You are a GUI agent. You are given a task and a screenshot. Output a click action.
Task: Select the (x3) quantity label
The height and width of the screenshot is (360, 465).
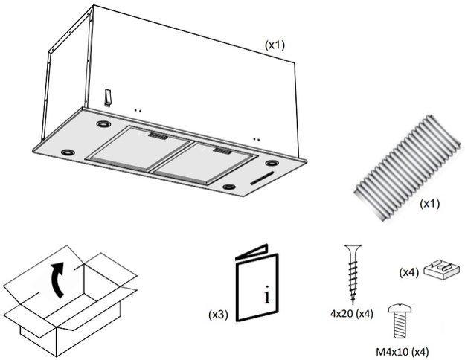tap(219, 315)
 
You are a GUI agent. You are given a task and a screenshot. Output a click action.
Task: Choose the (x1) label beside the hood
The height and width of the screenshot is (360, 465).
tap(275, 45)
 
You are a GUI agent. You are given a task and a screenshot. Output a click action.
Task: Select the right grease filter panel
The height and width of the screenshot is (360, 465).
tap(200, 160)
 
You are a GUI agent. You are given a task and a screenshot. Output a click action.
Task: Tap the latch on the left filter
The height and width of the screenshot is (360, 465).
tap(158, 137)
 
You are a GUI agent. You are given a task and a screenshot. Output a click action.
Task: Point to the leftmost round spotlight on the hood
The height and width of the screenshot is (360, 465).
tap(68, 152)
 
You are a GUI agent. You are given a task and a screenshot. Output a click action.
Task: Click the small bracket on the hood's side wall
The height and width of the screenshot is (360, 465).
tap(107, 97)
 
